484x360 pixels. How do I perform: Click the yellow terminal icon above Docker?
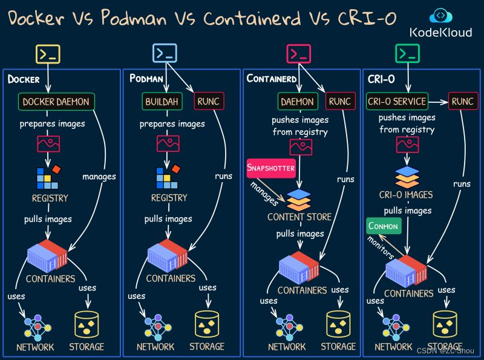[x=48, y=54]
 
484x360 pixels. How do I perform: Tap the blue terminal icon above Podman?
[x=165, y=53]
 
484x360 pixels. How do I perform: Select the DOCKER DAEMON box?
[x=56, y=102]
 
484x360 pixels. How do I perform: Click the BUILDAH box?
[x=162, y=102]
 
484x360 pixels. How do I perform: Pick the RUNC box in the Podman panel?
[x=209, y=101]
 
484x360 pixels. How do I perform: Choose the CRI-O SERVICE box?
[x=397, y=101]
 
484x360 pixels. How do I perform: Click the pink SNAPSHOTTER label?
[x=271, y=168]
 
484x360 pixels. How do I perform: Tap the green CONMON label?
[x=384, y=226]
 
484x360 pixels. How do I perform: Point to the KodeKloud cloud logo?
[x=441, y=16]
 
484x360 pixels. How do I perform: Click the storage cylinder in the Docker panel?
[x=87, y=324]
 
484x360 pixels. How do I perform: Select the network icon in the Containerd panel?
[x=289, y=326]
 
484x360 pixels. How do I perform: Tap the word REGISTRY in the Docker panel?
[x=50, y=198]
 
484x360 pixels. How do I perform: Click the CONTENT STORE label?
[x=299, y=217]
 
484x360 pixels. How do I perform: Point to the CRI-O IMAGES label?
[x=406, y=195]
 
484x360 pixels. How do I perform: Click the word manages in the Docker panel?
[x=99, y=177]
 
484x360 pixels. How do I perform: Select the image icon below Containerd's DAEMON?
[x=301, y=147]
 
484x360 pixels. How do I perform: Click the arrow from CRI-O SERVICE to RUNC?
[x=438, y=102]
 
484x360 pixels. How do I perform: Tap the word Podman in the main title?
[x=134, y=18]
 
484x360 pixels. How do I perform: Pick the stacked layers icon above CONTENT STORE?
[x=299, y=200]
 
